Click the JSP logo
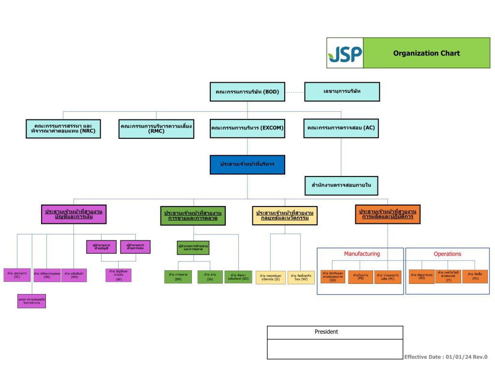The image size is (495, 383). point(345,53)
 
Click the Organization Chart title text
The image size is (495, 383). point(426,53)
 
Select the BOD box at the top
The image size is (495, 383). point(247,92)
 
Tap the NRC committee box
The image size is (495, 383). point(64,129)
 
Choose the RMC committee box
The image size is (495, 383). point(157,129)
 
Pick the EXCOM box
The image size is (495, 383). point(247,129)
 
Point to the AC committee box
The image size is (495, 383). point(341,129)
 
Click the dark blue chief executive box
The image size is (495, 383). point(247,164)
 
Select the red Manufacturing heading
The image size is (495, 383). point(362,254)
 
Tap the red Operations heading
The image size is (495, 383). point(447,254)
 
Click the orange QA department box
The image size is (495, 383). point(333,277)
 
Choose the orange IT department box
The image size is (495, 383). point(448,277)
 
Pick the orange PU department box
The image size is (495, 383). point(475,277)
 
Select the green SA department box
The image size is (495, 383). point(210,277)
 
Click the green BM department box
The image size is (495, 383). point(178,277)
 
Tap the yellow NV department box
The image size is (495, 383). point(301,277)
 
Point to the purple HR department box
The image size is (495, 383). point(47,275)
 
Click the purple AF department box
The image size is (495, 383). point(118,275)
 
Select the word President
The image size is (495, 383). point(326,332)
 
